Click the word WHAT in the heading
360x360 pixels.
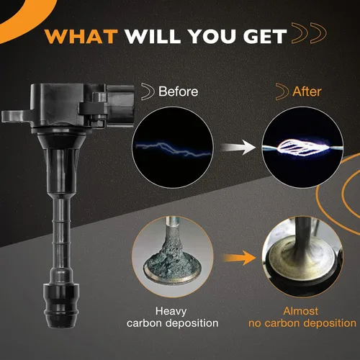pos(81,37)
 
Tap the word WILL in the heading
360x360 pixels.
pos(153,37)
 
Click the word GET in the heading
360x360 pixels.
pos(265,37)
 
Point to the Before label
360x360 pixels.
pos(179,91)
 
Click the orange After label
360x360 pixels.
pos(307,91)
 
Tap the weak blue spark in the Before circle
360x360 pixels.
pos(174,149)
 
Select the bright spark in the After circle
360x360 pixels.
pos(303,148)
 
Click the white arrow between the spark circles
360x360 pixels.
pos(238,147)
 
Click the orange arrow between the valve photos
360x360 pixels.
pos(240,258)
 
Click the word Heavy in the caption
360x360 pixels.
pos(171,311)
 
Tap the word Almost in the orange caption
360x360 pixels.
pos(301,311)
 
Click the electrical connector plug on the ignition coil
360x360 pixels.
pos(120,106)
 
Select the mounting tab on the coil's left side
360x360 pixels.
pos(17,117)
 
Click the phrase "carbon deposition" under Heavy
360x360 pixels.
pos(173,323)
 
